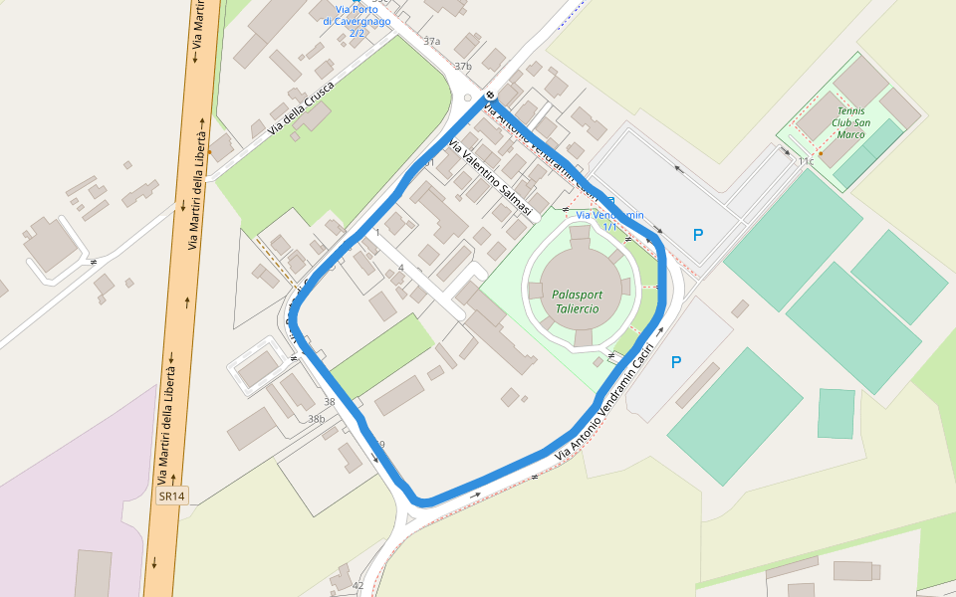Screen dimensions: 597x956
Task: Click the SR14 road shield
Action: tap(172, 496)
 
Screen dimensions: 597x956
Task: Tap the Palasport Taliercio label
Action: tap(578, 301)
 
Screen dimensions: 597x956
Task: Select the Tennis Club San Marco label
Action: tap(850, 122)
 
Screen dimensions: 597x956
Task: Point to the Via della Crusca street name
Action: tap(301, 107)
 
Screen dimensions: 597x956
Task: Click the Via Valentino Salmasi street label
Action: tap(492, 180)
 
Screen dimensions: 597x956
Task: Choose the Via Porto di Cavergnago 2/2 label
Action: tap(357, 20)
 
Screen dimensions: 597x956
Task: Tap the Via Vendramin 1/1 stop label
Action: tap(609, 220)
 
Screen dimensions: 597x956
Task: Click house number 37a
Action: tap(431, 42)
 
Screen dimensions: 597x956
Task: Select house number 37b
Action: tap(463, 67)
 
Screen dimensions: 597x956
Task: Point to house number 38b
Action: tap(316, 419)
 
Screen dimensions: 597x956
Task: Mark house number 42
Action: tap(358, 585)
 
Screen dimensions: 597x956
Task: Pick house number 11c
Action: tap(805, 160)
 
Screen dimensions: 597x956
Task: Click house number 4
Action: tap(400, 268)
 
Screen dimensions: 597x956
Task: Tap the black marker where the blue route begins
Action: tap(490, 97)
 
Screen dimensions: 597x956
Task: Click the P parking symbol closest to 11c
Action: tap(698, 235)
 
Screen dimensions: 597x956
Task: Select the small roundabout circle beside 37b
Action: tap(469, 98)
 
